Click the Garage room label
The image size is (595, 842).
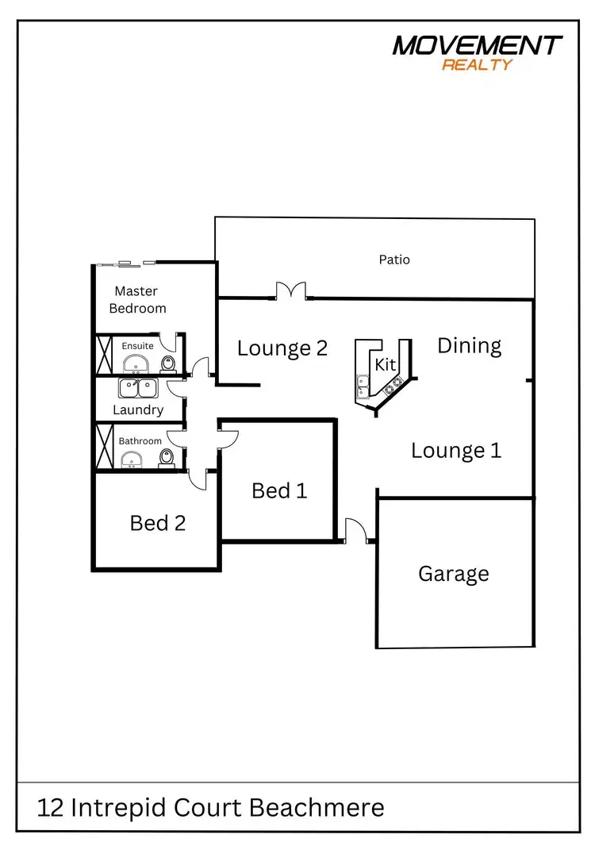coord(453,574)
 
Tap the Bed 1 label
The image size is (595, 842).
coord(278,490)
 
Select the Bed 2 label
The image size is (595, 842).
coord(157,523)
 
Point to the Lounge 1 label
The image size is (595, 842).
coord(456,451)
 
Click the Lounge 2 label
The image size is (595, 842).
coord(282,348)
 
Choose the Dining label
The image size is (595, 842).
coord(470,346)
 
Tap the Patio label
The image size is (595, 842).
coord(394,260)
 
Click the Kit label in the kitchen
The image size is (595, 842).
coord(385,364)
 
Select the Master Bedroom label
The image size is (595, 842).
coord(137,300)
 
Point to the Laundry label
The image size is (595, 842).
coord(138,410)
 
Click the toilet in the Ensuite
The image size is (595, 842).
coord(167,364)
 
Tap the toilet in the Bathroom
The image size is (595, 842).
coord(167,459)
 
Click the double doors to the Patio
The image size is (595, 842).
coord(291,291)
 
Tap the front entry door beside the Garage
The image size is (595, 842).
coord(355,532)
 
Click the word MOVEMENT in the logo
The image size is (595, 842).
coord(478,46)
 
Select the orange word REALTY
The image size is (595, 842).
coord(477,65)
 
